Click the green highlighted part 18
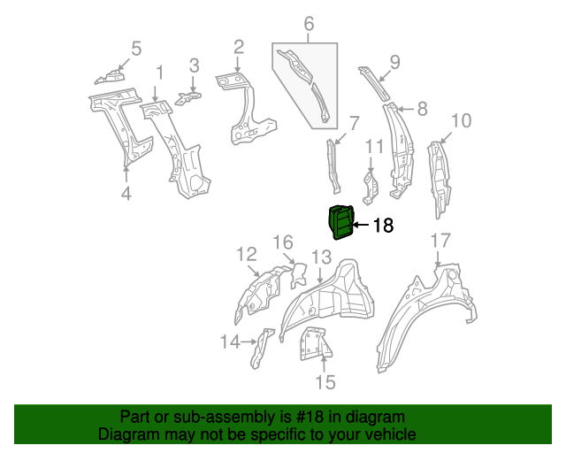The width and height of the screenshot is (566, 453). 340,222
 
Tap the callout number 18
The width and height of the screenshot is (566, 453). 382,226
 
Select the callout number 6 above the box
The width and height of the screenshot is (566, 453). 309,25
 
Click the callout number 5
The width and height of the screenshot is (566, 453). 136,48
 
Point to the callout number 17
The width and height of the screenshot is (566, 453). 440,241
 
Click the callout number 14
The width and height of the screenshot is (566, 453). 229,342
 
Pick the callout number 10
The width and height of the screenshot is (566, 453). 461,120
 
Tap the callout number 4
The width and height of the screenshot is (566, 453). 126,193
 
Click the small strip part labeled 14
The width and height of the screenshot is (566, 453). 257,348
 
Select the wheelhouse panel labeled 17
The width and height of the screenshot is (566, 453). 424,305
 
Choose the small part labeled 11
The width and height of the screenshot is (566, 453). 371,185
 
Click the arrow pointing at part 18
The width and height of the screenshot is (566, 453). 361,226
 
